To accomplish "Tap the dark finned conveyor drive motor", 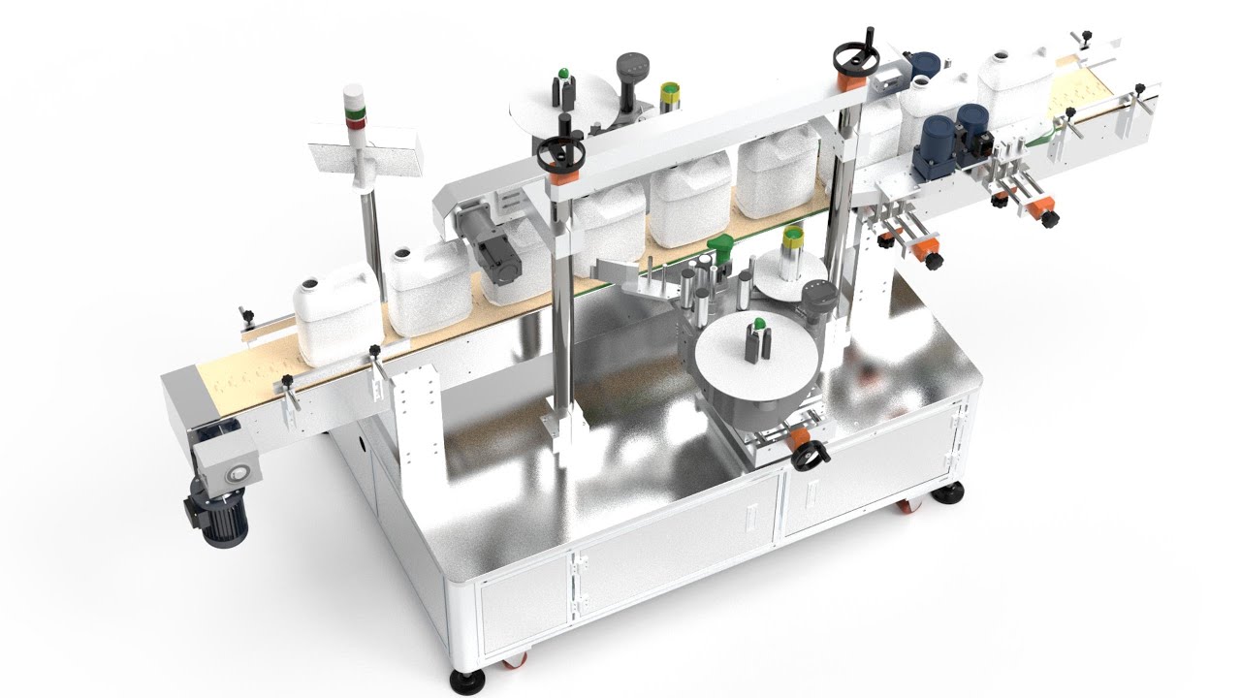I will coord(217,514).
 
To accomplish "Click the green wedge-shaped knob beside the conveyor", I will coord(719,242).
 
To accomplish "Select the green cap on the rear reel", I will coord(561,75).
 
